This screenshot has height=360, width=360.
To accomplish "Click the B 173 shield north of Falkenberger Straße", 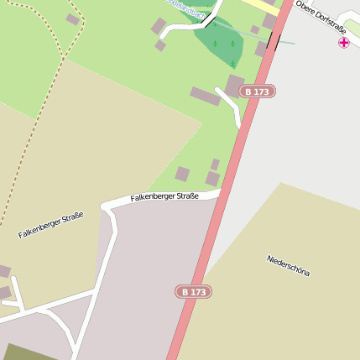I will click(258, 91).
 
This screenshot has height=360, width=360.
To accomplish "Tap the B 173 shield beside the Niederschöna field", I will click(193, 292).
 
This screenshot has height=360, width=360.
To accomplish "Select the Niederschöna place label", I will click(289, 266).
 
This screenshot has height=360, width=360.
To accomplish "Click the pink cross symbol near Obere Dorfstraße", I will click(344, 42).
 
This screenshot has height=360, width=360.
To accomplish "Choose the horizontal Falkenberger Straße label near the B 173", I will click(164, 197).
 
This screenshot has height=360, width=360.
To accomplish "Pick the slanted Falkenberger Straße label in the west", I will click(50, 225).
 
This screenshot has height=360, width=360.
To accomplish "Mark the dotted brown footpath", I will click(42, 117).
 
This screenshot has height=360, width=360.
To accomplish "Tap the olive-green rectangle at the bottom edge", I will click(29, 352).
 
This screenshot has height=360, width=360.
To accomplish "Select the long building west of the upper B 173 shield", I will click(205, 97).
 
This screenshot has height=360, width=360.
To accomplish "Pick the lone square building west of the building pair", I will click(182, 175).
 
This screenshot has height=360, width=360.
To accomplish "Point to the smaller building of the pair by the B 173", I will click(215, 164).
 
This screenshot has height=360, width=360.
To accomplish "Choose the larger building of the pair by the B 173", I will click(213, 179).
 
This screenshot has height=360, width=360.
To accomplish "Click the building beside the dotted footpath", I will click(73, 19).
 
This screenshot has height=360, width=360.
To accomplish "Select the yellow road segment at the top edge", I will click(256, 4).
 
